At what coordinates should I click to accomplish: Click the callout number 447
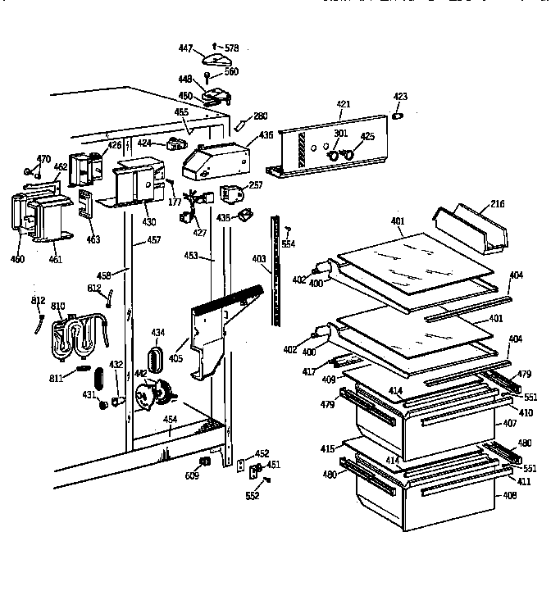coord(186,49)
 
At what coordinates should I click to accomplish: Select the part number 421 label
coord(343,104)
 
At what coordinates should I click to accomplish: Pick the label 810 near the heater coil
coord(58,307)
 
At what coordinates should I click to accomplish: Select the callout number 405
coord(175,358)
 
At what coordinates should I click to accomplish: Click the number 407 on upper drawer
coord(510,424)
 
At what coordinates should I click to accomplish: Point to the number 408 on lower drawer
coord(510,495)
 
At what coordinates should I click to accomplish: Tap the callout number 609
coord(193,475)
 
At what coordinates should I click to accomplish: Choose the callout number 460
coord(18,260)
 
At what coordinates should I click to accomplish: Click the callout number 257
coord(257,186)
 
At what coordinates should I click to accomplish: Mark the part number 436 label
coord(266,136)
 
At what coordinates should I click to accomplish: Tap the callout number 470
coord(43,158)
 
